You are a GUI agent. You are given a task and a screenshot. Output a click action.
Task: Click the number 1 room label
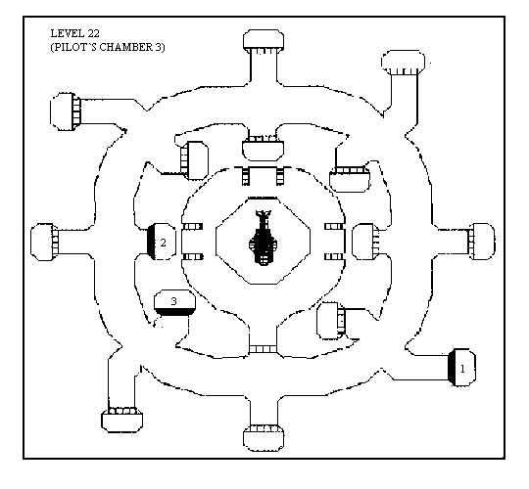coord(462,369)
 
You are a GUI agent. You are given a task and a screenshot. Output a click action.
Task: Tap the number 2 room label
coord(164,243)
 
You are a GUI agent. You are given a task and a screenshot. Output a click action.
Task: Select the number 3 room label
coord(173,301)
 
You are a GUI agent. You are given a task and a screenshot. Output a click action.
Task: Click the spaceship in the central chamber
coord(264,238)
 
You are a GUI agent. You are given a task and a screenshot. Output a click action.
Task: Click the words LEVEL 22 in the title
coord(74,33)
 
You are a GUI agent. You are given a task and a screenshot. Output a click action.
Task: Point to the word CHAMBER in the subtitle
coord(125,47)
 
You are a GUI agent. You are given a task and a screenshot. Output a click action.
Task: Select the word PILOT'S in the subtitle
coord(73,47)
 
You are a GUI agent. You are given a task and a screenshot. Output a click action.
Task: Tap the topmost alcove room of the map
coord(264,41)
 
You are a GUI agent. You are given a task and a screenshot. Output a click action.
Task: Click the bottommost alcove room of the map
coord(264,438)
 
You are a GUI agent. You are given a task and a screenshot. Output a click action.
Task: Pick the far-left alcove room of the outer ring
coord(44,242)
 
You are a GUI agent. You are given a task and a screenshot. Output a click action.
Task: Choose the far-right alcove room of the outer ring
coord(482,242)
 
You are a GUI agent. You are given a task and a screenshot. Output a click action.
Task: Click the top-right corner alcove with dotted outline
coord(404,63)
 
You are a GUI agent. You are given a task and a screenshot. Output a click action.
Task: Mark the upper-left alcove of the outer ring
coord(66,111)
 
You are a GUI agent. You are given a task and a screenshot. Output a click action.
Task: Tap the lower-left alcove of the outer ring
coord(122,420)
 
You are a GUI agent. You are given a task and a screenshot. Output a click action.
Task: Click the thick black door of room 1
coord(452,367)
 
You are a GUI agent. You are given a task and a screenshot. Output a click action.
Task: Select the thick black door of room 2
coord(151,242)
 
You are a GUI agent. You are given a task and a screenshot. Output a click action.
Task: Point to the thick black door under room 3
coord(174,312)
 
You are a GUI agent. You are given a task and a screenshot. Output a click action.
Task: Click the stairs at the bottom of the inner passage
coord(263,349)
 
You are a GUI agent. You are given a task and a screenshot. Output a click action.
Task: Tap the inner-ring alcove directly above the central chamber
coord(264,148)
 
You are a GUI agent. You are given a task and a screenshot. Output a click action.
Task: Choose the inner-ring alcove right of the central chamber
coord(365,242)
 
